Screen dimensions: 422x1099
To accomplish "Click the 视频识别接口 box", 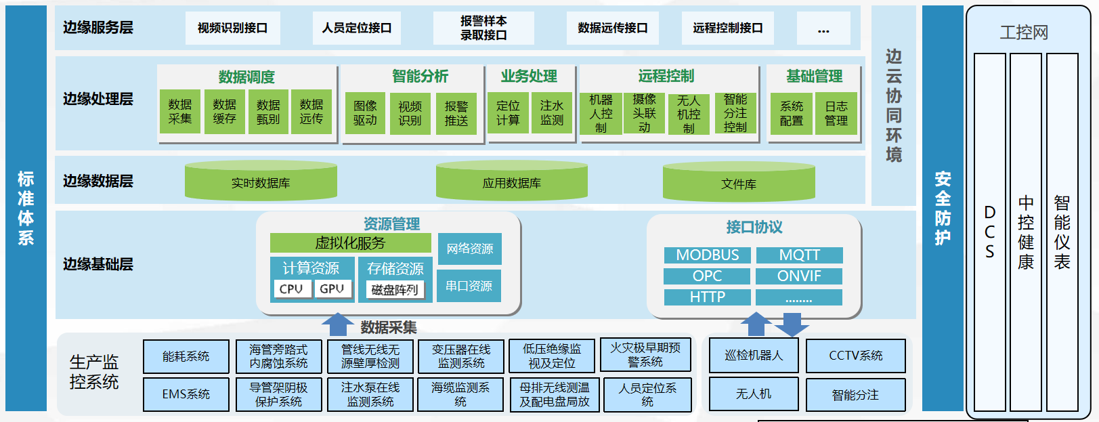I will point(232,28).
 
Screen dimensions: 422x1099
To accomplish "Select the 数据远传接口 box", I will point(612,28).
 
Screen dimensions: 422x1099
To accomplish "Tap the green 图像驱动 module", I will point(365,113).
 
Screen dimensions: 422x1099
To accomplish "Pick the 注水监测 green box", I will point(552,113).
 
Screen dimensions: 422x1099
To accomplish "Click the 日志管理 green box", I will point(836,114).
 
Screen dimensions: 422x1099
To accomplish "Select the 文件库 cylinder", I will point(739,183).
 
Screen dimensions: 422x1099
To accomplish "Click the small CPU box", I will point(291,289).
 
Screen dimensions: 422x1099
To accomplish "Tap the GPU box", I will point(332,289).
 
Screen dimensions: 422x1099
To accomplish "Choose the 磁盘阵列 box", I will point(395,290).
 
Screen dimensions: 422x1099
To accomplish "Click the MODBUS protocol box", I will point(707,255).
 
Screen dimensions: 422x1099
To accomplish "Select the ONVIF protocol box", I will point(799,276).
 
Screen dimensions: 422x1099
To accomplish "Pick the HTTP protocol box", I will point(707,297).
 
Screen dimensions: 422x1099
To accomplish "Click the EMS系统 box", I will point(186,394).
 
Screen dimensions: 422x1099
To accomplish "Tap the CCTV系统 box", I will point(855,356).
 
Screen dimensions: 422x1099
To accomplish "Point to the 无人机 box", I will point(754,394).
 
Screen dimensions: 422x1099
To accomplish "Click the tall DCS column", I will point(989,232).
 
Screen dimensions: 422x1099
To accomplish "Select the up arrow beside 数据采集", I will point(337,324).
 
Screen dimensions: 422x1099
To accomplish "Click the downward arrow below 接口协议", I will point(791,325).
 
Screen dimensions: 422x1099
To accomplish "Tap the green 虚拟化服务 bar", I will point(350,243).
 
